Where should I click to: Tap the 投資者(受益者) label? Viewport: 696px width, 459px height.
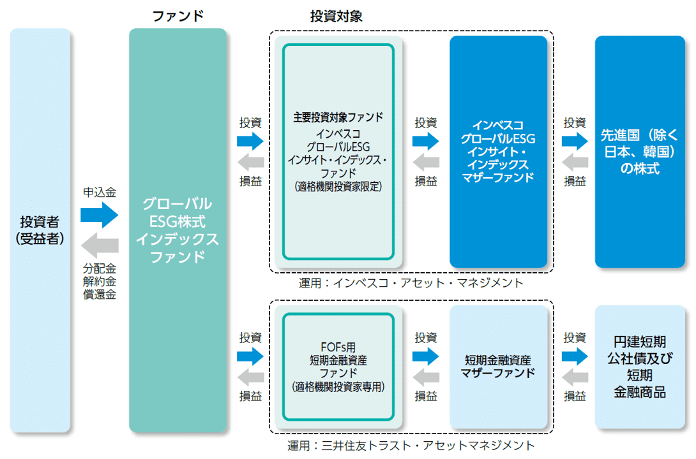point(40,230)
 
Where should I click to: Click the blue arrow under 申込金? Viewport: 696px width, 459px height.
point(100,215)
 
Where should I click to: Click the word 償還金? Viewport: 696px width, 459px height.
point(100,295)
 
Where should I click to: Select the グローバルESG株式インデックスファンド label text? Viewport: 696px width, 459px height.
point(178,230)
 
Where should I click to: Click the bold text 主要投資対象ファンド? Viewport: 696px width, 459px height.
point(338,117)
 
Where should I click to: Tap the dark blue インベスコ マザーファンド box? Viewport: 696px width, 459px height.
point(498,152)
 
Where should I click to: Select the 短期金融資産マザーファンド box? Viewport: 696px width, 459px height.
point(498,367)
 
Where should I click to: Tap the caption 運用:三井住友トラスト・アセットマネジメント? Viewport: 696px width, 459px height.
point(411,445)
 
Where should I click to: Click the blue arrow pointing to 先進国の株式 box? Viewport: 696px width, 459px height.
point(575,140)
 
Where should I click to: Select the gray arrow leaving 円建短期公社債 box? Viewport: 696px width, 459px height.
point(575,376)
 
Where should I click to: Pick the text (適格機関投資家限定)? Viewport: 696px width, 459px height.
point(338,186)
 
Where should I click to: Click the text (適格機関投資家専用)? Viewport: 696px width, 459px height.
point(338,386)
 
